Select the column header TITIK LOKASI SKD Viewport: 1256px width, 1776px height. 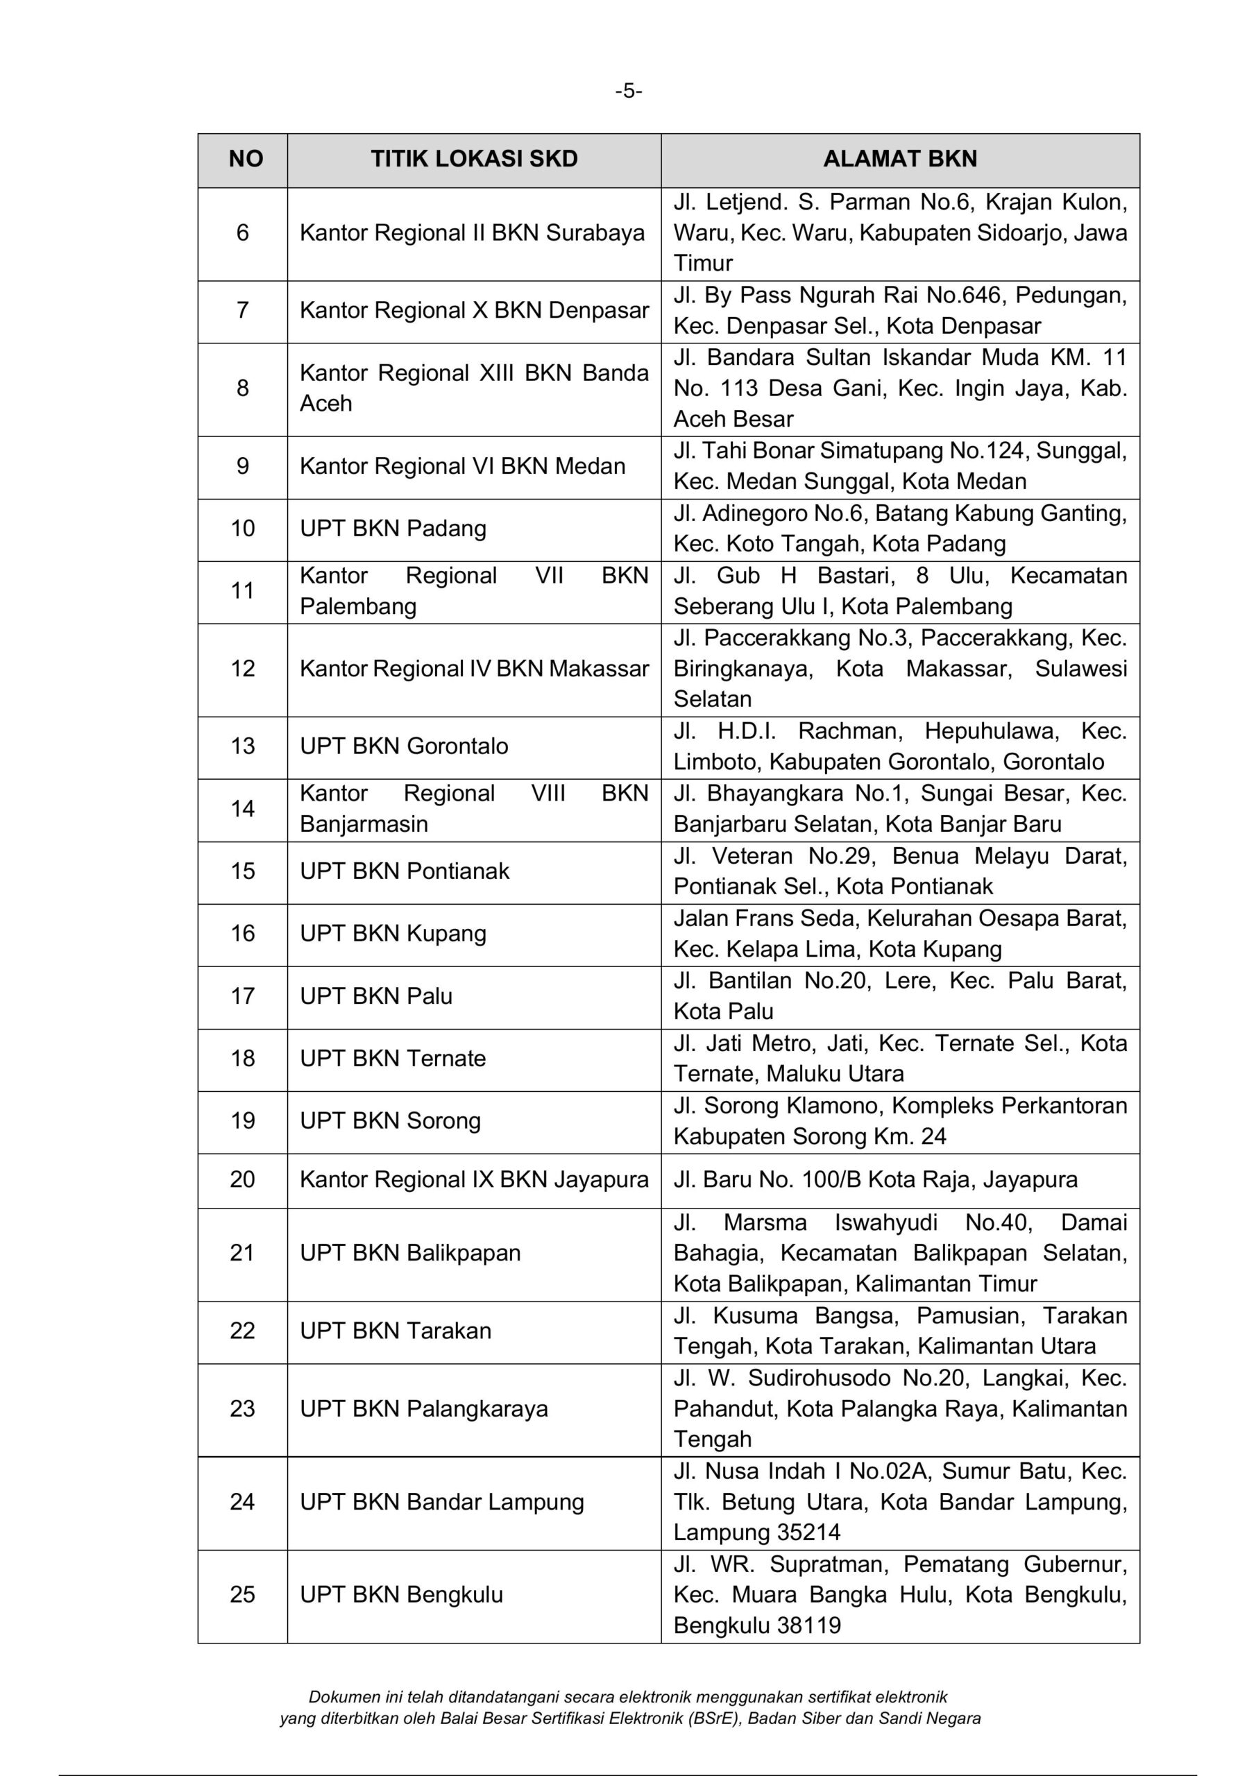pos(474,160)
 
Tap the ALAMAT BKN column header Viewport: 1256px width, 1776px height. pos(899,160)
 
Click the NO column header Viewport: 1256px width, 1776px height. pos(246,160)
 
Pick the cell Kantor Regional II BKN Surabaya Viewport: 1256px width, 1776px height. pos(472,233)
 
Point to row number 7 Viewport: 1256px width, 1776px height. pos(242,311)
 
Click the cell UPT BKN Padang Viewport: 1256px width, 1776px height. pos(393,529)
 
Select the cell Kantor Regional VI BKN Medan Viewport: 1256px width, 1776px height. pos(462,466)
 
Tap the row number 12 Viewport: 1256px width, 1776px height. pos(242,669)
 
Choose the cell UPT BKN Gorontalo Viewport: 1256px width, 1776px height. pos(404,746)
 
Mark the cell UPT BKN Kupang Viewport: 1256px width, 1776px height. pos(393,934)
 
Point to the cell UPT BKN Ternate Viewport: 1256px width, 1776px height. pos(393,1059)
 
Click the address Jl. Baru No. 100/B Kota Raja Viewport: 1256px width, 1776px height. pos(874,1180)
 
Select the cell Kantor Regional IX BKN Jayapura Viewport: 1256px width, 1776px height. pos(474,1180)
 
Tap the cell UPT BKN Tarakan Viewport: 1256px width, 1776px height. pos(396,1331)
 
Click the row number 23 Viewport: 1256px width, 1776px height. pos(242,1408)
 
